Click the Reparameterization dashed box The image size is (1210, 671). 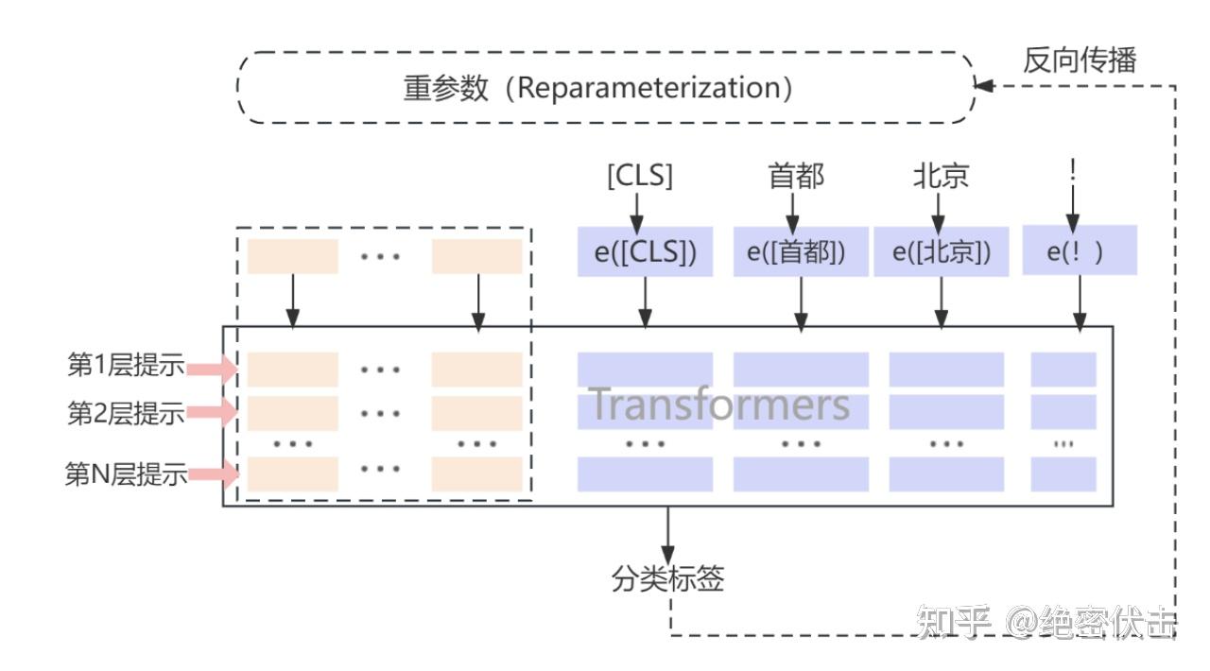click(x=605, y=87)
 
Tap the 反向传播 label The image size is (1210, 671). click(x=1079, y=60)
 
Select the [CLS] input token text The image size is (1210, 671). click(x=639, y=176)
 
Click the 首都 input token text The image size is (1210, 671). click(x=796, y=176)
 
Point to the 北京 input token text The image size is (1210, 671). click(x=941, y=176)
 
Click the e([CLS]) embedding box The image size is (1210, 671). click(x=644, y=251)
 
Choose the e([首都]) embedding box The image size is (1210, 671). click(x=801, y=251)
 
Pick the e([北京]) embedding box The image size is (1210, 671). click(x=941, y=251)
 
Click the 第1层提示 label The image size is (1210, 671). click(x=126, y=367)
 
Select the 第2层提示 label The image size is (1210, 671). click(x=126, y=413)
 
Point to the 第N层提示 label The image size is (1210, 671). click(x=126, y=474)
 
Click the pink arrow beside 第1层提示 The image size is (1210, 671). click(x=211, y=368)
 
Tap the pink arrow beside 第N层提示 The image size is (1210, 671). click(x=211, y=474)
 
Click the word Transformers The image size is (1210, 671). click(x=719, y=404)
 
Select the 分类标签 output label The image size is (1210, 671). click(x=667, y=579)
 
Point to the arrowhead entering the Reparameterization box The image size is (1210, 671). click(x=984, y=86)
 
